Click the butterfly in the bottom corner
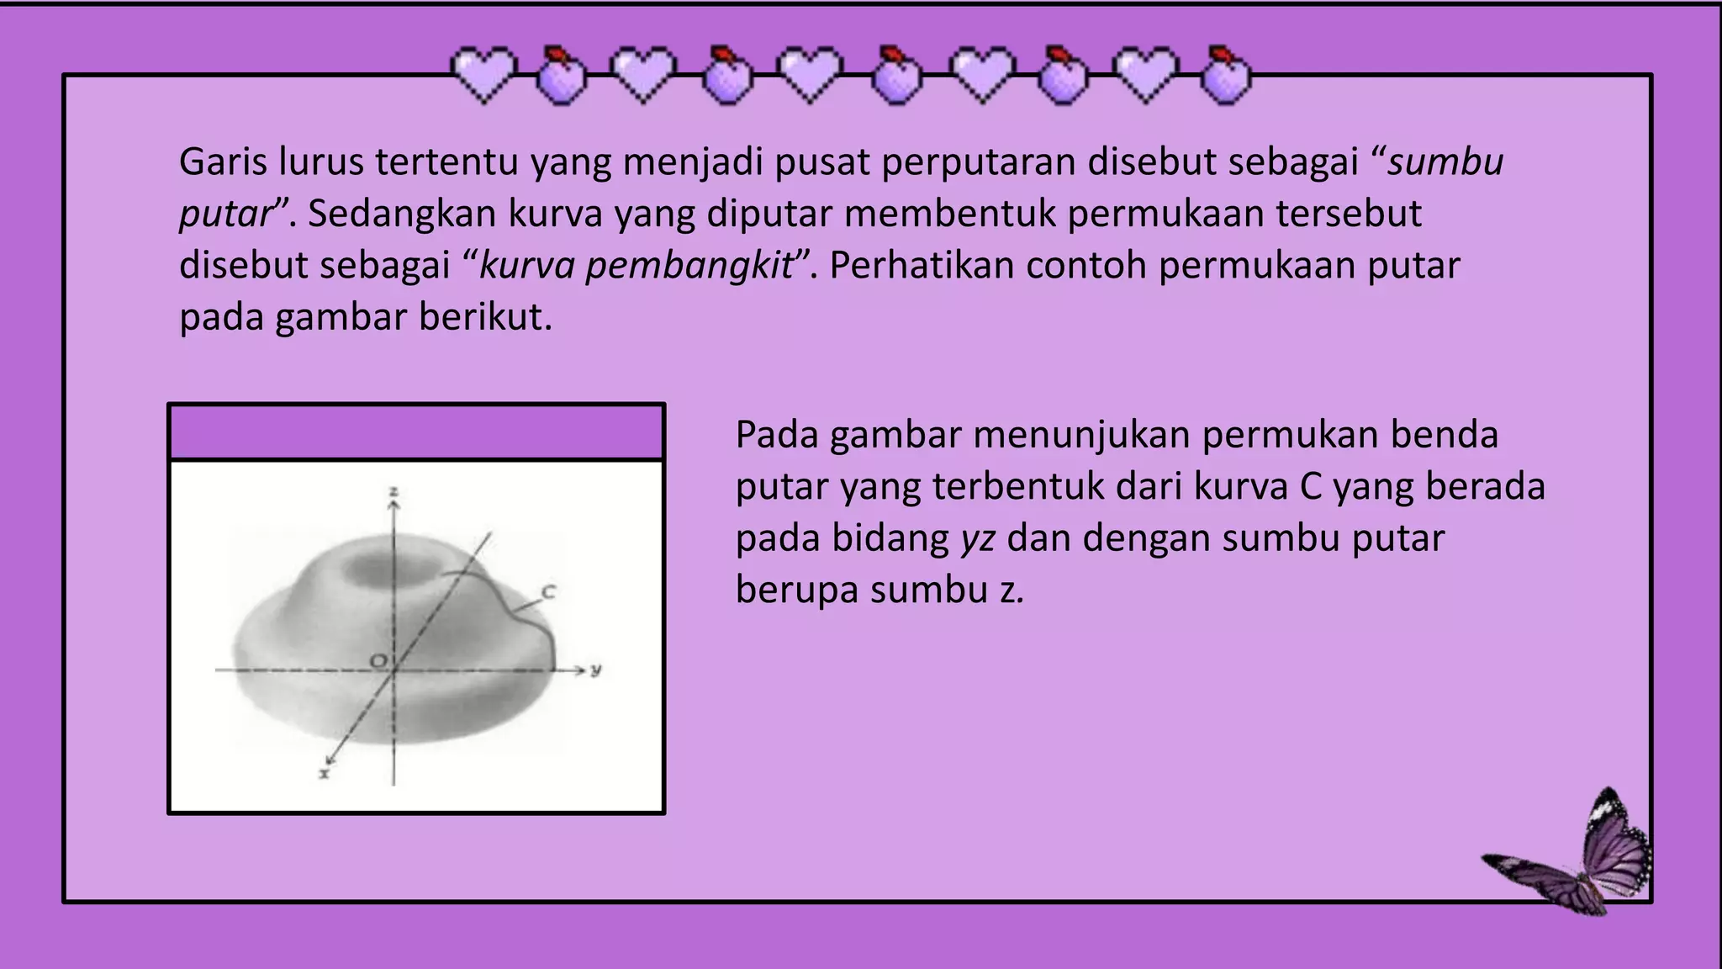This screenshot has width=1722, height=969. [1572, 858]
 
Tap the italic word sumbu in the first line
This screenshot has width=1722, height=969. [1445, 161]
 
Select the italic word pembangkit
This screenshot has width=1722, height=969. [689, 266]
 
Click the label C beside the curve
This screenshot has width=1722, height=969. [548, 592]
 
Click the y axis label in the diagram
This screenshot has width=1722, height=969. [596, 670]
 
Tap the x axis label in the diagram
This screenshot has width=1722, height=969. [325, 772]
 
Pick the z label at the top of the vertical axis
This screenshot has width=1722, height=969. [393, 492]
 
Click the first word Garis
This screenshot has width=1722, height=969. [223, 161]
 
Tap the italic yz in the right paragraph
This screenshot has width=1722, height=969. [978, 538]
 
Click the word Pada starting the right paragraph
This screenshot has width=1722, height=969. [776, 435]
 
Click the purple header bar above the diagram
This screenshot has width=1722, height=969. [416, 432]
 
